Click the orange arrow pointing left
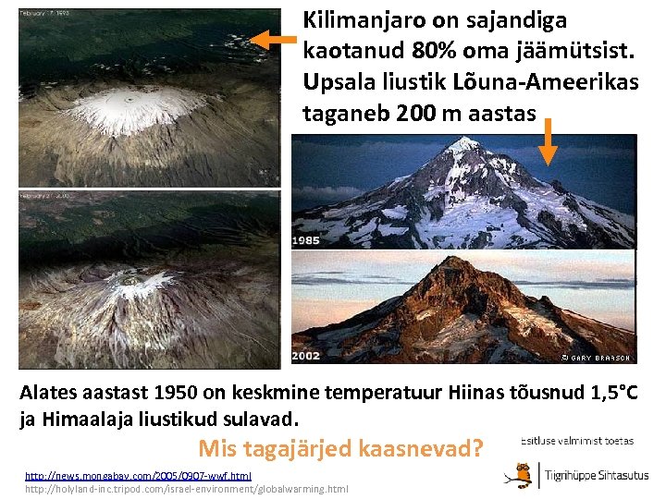point(275,40)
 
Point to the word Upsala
point(337,81)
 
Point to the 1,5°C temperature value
point(607,392)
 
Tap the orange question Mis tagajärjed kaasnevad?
point(341,449)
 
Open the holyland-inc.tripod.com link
point(186,488)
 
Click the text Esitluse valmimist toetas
point(577,441)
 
